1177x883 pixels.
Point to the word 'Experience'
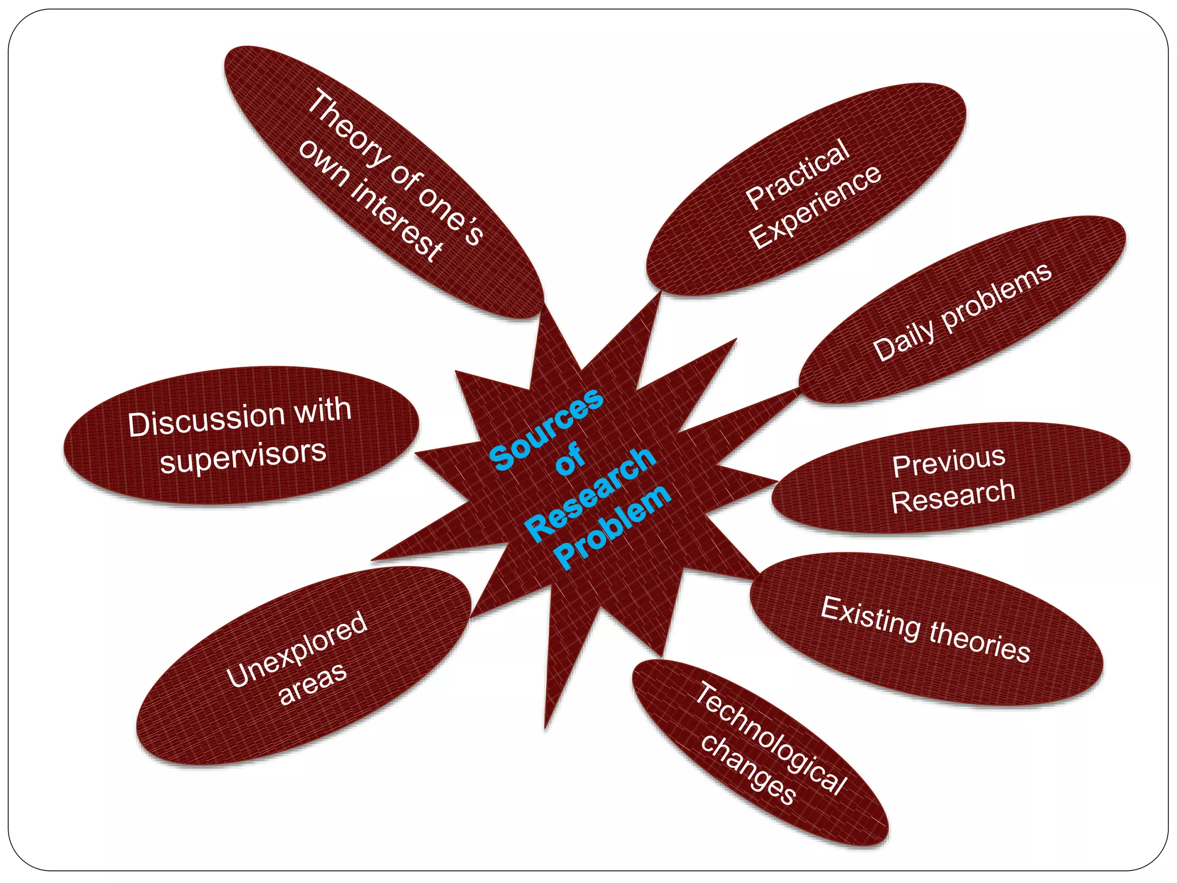pos(816,208)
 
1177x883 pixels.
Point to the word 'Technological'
pos(770,739)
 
